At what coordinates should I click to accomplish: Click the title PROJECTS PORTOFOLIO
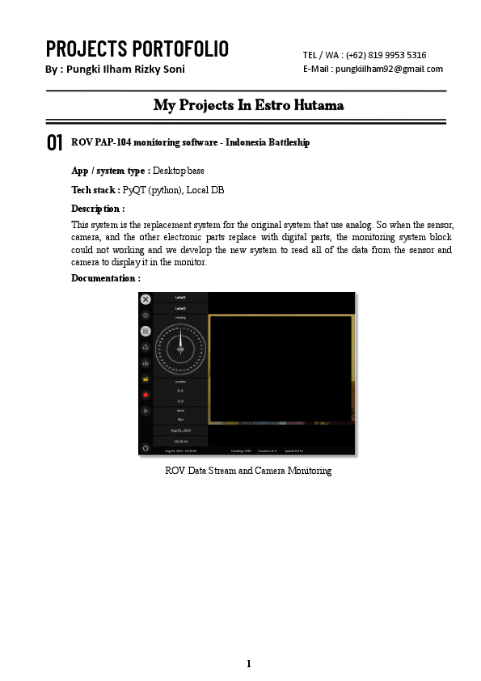(137, 49)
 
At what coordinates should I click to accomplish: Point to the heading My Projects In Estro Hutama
(248, 105)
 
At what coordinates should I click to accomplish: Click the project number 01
(55, 143)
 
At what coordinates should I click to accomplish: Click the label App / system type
(110, 171)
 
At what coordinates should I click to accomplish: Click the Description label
(98, 209)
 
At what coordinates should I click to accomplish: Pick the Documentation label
(106, 278)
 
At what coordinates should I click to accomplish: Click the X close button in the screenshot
(146, 299)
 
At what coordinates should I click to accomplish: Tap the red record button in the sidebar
(146, 395)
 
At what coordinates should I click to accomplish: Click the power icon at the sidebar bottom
(146, 447)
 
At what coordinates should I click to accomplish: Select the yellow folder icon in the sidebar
(146, 379)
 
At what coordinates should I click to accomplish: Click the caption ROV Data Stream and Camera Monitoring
(248, 471)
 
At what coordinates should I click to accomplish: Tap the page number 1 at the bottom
(249, 664)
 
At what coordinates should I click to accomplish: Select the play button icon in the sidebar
(146, 411)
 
